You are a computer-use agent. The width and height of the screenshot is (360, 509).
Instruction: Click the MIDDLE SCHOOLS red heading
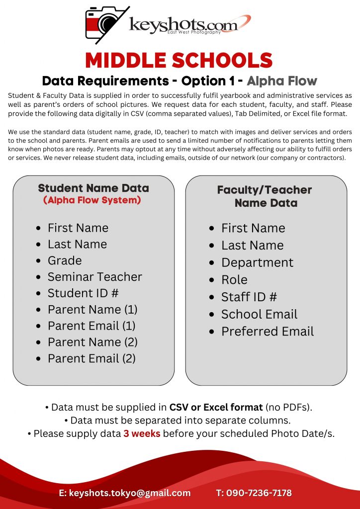click(179, 61)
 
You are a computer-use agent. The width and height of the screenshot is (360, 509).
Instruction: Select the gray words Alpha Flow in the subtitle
click(282, 81)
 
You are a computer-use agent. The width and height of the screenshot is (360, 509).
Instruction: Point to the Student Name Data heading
click(93, 188)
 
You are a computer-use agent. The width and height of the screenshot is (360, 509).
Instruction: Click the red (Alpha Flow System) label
click(92, 200)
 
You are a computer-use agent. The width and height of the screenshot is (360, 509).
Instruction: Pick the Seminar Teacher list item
click(94, 277)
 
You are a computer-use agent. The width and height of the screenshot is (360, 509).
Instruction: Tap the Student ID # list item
click(83, 293)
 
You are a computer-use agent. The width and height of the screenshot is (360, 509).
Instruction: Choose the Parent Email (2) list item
click(91, 358)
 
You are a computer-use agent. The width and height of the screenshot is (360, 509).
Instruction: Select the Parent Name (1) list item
click(92, 310)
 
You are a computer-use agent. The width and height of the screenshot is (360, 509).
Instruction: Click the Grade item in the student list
click(65, 260)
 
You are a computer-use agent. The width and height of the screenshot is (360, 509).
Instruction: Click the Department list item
click(257, 262)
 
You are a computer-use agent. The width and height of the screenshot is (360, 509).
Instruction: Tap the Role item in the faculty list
click(234, 280)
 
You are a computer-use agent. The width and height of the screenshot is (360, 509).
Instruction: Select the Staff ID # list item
click(249, 297)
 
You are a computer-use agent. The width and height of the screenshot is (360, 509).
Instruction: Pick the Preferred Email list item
click(267, 332)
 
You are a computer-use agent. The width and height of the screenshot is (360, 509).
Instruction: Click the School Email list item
click(259, 314)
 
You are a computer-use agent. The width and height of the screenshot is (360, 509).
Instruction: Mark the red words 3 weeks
click(142, 433)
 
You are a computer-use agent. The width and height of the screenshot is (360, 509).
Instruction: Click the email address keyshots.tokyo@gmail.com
click(129, 493)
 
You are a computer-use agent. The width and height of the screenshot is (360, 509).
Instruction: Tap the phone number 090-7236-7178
click(259, 493)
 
